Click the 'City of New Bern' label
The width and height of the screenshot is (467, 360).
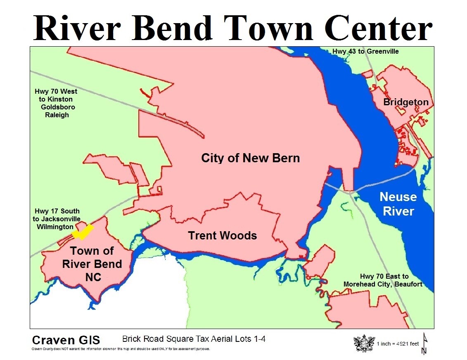(x=250, y=158)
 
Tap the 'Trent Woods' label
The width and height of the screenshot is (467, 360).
(x=222, y=236)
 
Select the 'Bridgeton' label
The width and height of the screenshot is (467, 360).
(x=405, y=102)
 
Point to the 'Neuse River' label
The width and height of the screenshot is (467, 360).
(x=398, y=204)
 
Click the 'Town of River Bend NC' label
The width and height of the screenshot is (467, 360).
(x=92, y=264)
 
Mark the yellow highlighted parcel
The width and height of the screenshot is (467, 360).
(x=83, y=232)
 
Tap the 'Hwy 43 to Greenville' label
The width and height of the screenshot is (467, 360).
(x=365, y=51)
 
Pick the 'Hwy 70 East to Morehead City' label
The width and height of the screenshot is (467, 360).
(x=383, y=280)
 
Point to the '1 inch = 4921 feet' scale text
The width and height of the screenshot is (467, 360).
(x=398, y=343)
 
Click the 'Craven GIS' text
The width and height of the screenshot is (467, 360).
(x=66, y=340)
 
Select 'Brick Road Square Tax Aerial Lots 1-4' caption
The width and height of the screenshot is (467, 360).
(x=194, y=339)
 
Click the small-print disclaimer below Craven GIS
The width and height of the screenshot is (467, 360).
(x=121, y=349)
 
